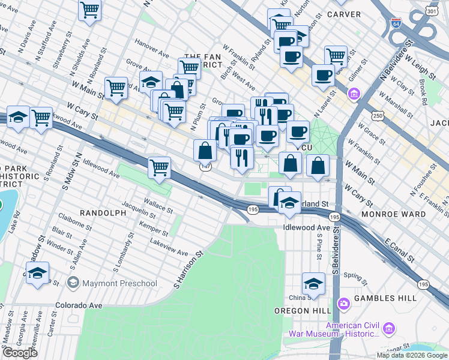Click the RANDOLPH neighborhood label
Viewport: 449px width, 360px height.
pyautogui.click(x=102, y=213)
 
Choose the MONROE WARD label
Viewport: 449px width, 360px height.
pyautogui.click(x=393, y=214)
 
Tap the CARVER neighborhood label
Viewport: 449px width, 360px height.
pyautogui.click(x=344, y=14)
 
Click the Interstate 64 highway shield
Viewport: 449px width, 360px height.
pyautogui.click(x=396, y=23)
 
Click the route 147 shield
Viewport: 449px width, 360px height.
pyautogui.click(x=206, y=167)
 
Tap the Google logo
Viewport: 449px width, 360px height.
pyautogui.click(x=20, y=353)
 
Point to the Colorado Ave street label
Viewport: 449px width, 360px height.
pyautogui.click(x=79, y=305)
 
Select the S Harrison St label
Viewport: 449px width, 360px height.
pyautogui.click(x=189, y=268)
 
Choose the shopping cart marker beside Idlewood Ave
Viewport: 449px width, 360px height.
pyautogui.click(x=159, y=167)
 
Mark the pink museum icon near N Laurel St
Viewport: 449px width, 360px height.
pyautogui.click(x=354, y=94)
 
